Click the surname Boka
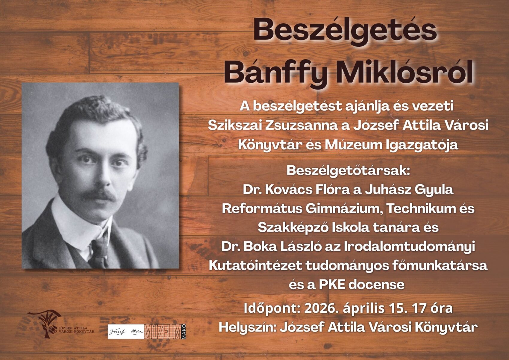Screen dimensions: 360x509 259,247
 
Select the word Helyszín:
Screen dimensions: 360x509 247,327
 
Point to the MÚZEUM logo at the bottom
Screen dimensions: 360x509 163,331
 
